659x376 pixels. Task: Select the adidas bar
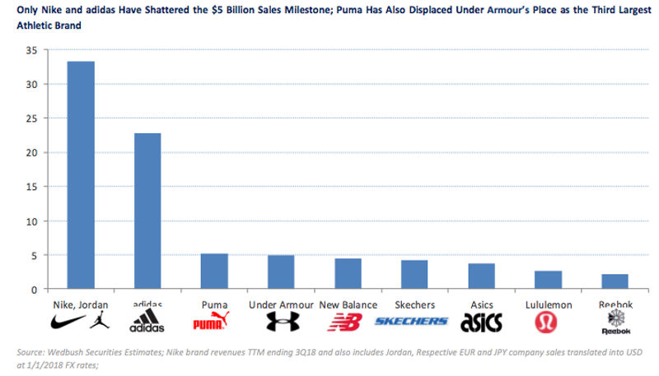[147, 211]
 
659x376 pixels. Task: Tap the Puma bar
[214, 272]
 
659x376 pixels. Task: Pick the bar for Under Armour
[281, 272]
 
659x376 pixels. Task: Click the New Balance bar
[348, 274]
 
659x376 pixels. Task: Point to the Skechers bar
[414, 275]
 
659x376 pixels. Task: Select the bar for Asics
[481, 276]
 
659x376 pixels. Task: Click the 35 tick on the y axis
[31, 49]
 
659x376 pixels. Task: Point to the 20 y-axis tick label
[31, 152]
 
